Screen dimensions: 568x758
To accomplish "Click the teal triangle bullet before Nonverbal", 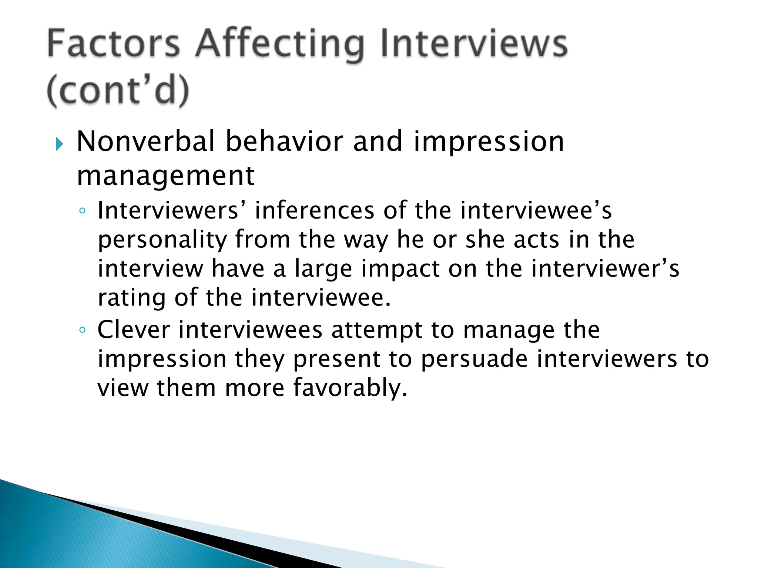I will (60, 144).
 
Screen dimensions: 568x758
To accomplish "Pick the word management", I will (165, 175).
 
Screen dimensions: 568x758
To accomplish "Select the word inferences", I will (315, 210).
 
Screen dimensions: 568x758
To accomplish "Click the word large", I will (323, 269).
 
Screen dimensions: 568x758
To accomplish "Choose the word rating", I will (131, 298).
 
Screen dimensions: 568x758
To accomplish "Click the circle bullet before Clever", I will (83, 330).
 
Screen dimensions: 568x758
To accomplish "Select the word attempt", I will (377, 330).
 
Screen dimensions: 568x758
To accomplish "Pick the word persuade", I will (474, 359).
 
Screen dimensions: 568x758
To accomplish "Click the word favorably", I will (350, 388).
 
